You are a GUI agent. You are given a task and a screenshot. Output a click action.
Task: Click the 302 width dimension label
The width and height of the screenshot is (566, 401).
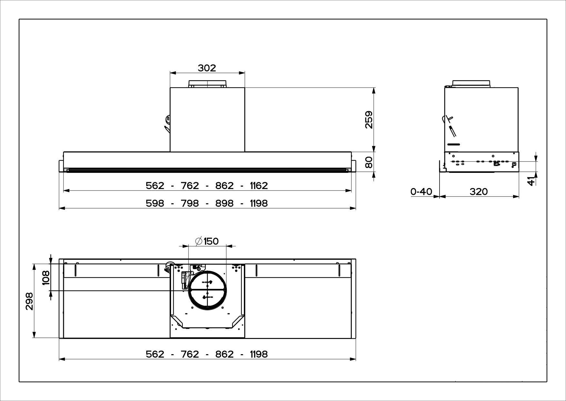[207, 68]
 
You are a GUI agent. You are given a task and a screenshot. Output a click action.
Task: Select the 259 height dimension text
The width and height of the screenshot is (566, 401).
[369, 120]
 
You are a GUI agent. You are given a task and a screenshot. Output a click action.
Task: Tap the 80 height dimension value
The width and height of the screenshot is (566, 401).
[369, 162]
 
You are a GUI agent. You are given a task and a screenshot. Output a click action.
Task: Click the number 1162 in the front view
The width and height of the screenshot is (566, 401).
[259, 186]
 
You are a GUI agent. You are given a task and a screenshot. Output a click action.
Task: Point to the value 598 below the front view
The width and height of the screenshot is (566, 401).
[155, 203]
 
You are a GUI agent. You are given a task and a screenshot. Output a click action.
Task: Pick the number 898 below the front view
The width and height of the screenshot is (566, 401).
[224, 203]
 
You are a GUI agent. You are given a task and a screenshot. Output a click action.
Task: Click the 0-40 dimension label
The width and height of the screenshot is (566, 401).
[421, 192]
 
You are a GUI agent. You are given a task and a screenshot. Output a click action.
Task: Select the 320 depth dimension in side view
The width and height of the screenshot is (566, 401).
[479, 192]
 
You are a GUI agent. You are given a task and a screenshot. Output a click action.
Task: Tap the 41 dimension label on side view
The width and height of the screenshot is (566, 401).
[531, 181]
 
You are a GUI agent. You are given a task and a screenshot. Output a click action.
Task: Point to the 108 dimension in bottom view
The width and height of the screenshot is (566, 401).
[46, 278]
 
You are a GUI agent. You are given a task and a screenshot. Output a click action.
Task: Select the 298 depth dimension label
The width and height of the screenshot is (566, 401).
[29, 301]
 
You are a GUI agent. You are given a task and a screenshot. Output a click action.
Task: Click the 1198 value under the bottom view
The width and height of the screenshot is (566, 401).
[259, 354]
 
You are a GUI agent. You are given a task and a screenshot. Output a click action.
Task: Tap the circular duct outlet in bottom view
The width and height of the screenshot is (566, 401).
[207, 290]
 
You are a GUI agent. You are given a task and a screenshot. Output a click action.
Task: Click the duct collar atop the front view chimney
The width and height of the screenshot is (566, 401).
[207, 84]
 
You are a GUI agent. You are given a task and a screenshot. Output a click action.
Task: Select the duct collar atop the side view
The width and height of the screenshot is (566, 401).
[471, 84]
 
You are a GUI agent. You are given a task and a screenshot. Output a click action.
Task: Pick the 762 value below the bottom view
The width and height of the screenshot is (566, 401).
[190, 354]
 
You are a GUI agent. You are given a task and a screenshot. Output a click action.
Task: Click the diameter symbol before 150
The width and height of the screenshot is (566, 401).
[199, 241]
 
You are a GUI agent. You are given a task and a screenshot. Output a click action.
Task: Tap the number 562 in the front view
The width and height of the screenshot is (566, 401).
[155, 186]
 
